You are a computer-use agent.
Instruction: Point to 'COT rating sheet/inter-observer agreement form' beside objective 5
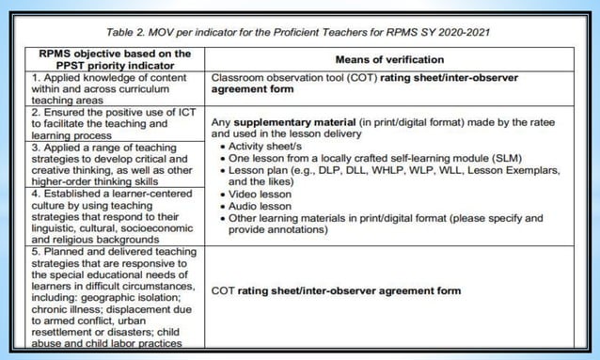[336, 290]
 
